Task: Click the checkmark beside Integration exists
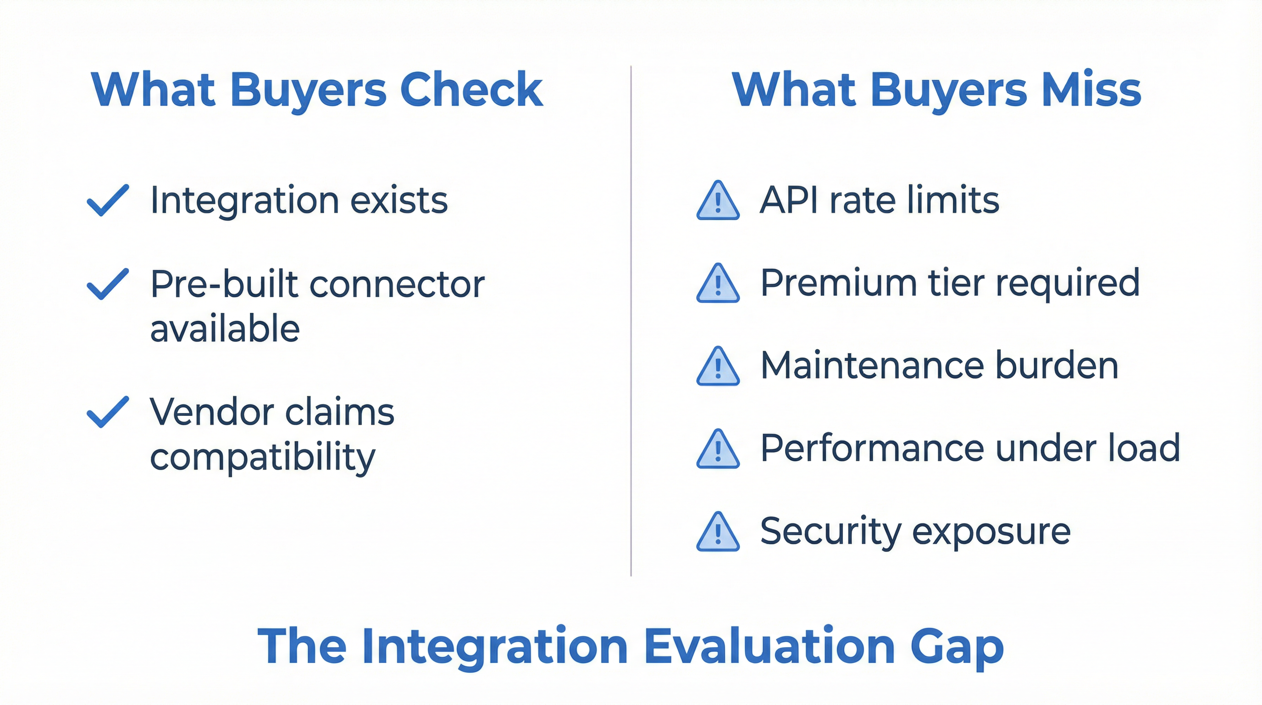tap(108, 200)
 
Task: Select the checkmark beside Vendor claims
tap(108, 412)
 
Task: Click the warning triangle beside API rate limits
tap(718, 201)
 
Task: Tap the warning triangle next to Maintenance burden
tap(718, 367)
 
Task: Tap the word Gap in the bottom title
tap(958, 646)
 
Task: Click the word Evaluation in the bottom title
tap(769, 646)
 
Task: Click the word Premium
tap(838, 283)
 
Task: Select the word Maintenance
tap(872, 366)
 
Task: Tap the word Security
tap(831, 532)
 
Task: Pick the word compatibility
tap(263, 457)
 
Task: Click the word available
tap(225, 329)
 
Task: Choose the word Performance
tap(872, 448)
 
